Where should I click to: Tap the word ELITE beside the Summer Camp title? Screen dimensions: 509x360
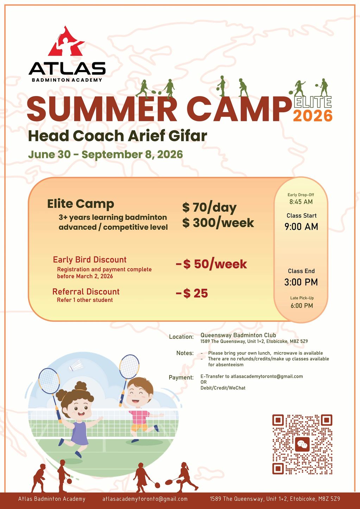point(312,102)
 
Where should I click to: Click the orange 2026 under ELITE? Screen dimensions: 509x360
point(312,116)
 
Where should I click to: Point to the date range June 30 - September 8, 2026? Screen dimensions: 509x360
point(106,154)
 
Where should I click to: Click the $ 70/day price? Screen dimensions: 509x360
point(209,208)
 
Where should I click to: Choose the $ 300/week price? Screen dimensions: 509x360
point(218,223)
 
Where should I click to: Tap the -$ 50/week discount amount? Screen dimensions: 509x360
point(211,264)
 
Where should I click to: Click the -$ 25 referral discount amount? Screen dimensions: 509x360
point(192,293)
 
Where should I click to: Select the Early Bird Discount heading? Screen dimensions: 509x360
point(89,260)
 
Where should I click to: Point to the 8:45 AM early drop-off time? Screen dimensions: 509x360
point(301,202)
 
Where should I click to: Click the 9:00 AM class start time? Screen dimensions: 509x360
point(301,227)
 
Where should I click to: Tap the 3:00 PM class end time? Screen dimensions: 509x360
point(301,282)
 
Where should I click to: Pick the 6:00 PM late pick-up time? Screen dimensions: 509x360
point(302,306)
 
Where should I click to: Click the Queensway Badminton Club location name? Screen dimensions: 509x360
point(238,335)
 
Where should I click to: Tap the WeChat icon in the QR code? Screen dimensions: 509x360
point(302,445)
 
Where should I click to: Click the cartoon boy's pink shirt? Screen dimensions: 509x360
point(139,417)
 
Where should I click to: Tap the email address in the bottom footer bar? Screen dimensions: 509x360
point(145,499)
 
